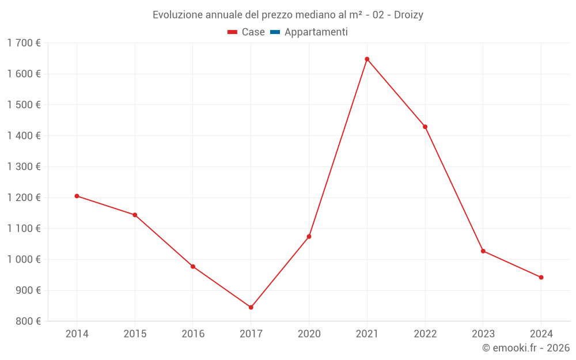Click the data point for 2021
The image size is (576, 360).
click(367, 59)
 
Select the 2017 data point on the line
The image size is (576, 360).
click(251, 307)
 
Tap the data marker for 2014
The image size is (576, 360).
click(77, 196)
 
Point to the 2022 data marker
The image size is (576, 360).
click(425, 127)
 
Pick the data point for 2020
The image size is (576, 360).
click(309, 237)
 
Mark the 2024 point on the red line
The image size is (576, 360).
click(541, 278)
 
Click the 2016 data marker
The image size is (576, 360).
click(193, 267)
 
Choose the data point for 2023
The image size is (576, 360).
click(483, 251)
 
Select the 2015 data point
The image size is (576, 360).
click(135, 215)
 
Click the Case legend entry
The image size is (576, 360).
click(247, 32)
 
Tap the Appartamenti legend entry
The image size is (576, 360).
click(309, 32)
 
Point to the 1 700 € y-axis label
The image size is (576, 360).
click(24, 43)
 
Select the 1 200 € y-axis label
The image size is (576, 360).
click(24, 198)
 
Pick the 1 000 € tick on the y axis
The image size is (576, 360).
click(24, 260)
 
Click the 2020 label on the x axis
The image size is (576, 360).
click(309, 334)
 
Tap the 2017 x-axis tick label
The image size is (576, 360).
click(251, 334)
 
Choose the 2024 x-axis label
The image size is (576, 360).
click(541, 334)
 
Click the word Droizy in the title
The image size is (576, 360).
click(408, 15)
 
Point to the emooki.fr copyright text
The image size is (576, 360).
click(526, 348)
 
